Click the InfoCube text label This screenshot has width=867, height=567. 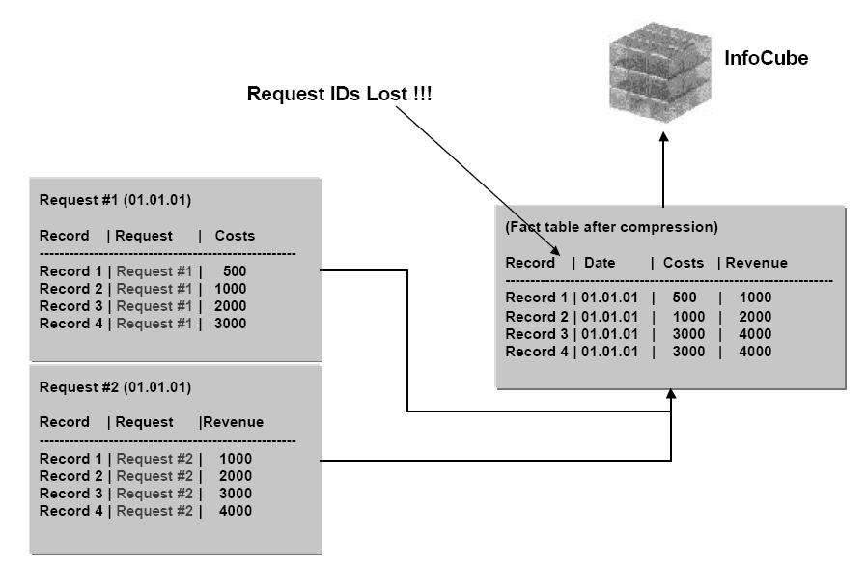[766, 59]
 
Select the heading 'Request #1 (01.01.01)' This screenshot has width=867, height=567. [115, 201]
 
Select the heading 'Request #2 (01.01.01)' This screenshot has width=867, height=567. [115, 387]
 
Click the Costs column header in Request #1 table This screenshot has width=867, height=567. [235, 236]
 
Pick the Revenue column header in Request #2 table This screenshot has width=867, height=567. [233, 422]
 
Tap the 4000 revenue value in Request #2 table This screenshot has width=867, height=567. [235, 510]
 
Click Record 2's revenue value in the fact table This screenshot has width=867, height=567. [755, 317]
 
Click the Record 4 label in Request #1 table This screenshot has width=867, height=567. [70, 324]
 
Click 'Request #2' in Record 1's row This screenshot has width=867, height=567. [154, 458]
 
